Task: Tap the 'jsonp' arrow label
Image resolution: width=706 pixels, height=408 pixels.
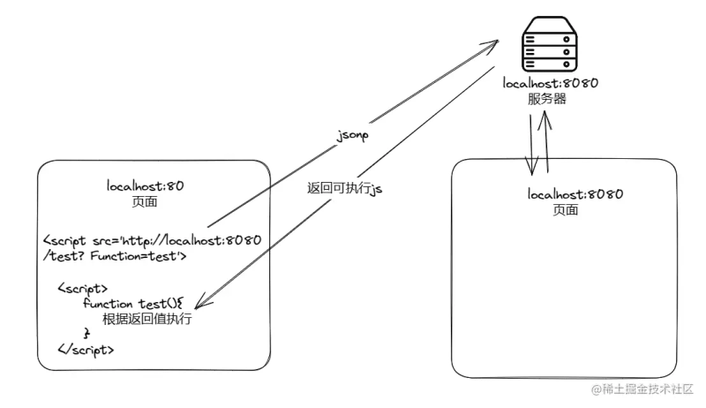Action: (x=353, y=139)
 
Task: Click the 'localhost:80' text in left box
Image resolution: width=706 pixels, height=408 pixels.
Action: (x=145, y=187)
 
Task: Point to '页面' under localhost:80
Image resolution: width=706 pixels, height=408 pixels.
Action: (x=145, y=202)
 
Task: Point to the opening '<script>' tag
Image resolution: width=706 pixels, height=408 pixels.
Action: (x=83, y=288)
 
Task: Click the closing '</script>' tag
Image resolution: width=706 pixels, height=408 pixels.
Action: (x=86, y=349)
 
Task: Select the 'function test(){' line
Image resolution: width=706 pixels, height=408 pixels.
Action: (x=131, y=303)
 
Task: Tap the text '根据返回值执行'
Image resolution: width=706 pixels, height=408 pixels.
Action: (x=146, y=318)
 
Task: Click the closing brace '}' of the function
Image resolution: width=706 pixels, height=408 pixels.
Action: (x=86, y=333)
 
